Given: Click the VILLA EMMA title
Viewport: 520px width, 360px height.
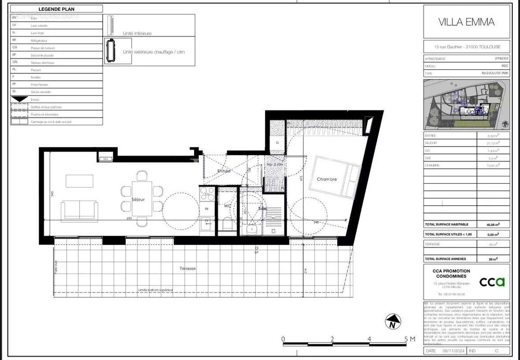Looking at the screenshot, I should pyautogui.click(x=466, y=22).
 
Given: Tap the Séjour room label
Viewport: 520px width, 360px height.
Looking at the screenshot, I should pyautogui.click(x=138, y=199).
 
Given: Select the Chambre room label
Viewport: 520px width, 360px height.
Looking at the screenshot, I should pyautogui.click(x=326, y=179).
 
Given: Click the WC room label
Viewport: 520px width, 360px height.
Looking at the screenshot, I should pyautogui.click(x=228, y=206).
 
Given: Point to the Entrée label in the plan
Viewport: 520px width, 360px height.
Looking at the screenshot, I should pyautogui.click(x=224, y=171).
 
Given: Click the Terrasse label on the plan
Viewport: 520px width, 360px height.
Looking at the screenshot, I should pyautogui.click(x=187, y=268).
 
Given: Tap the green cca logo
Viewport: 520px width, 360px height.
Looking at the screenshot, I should pyautogui.click(x=492, y=282).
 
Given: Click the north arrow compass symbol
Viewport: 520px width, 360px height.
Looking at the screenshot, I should pyautogui.click(x=393, y=322).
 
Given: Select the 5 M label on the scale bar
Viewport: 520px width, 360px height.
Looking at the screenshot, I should pyautogui.click(x=409, y=339).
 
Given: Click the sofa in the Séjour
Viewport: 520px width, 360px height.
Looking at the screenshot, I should pyautogui.click(x=80, y=211).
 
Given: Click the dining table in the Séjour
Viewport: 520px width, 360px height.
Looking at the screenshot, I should pyautogui.click(x=142, y=198).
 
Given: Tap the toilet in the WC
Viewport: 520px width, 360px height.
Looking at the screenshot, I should pyautogui.click(x=227, y=224).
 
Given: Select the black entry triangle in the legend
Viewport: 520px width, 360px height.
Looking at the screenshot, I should pyautogui.click(x=19, y=99).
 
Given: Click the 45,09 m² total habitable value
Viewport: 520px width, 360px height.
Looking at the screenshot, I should pyautogui.click(x=493, y=224).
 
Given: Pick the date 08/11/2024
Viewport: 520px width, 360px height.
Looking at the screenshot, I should pyautogui.click(x=452, y=351).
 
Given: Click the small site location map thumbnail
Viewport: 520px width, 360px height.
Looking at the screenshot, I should pyautogui.click(x=466, y=104).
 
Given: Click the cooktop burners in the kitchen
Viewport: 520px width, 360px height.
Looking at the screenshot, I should pyautogui.click(x=207, y=194).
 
